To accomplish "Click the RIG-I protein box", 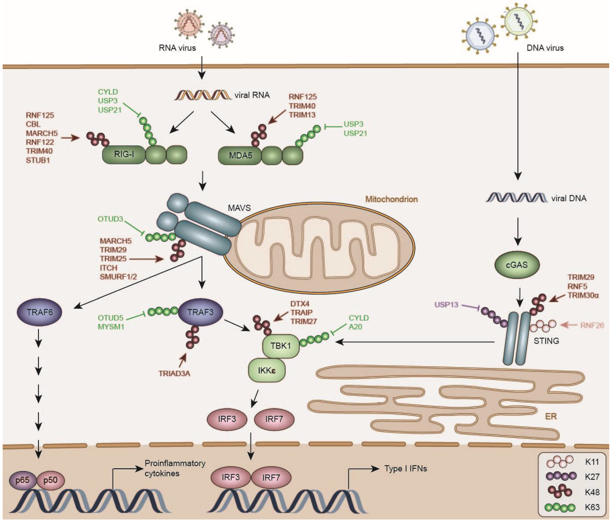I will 124,154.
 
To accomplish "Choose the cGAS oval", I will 517,265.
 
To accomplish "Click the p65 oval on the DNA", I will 22,480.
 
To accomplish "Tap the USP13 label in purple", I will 446,305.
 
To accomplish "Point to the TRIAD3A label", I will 174,374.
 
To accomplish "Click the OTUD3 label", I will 110,219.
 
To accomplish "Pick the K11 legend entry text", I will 592,461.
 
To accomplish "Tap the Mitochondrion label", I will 391,199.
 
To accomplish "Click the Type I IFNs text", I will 406,469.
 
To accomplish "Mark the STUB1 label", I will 38,160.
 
